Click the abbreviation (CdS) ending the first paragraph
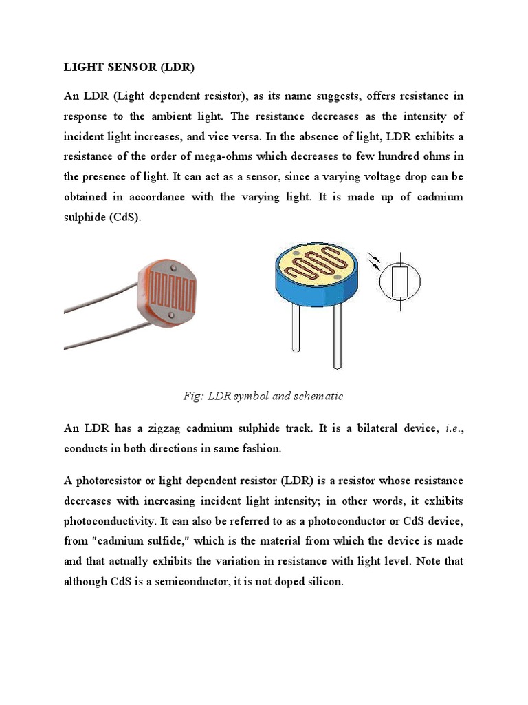[x=123, y=217]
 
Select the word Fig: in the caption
[x=194, y=396]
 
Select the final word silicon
[x=323, y=582]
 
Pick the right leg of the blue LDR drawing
[x=337, y=337]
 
